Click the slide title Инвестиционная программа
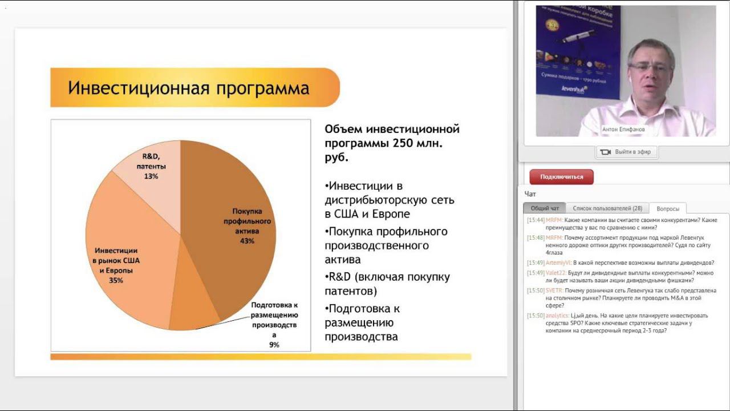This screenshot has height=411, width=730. (x=189, y=88)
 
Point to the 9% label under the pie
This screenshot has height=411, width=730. (x=274, y=345)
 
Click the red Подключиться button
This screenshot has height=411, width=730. (x=561, y=177)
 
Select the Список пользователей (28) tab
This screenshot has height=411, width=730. (x=607, y=208)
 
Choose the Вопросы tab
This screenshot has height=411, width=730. (x=668, y=209)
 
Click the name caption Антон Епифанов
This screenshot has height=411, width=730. (x=623, y=130)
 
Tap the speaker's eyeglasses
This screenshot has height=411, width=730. (x=650, y=67)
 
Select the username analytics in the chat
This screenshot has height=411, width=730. (x=557, y=316)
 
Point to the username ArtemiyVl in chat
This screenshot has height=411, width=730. (x=558, y=263)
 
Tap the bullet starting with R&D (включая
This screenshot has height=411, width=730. (x=387, y=284)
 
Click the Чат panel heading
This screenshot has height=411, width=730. (x=530, y=194)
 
